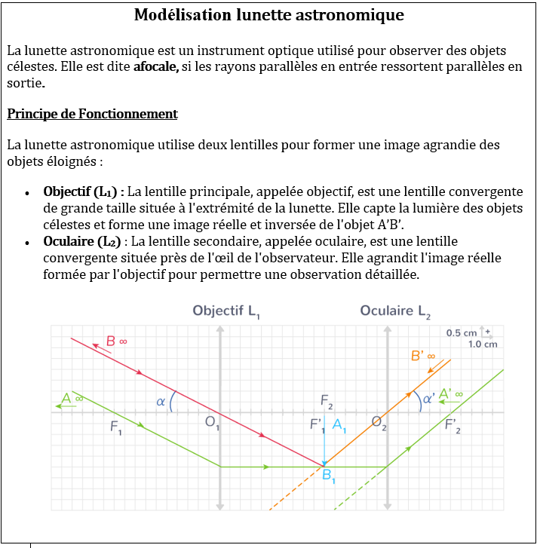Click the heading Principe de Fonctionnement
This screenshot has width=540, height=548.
pyautogui.click(x=92, y=114)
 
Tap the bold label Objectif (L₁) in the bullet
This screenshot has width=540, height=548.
pyautogui.click(x=83, y=191)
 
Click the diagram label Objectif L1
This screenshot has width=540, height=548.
pyautogui.click(x=226, y=311)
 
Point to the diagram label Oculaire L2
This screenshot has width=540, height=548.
pyautogui.click(x=394, y=311)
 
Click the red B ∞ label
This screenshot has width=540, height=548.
pyautogui.click(x=115, y=341)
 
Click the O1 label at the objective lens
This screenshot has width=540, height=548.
pyautogui.click(x=213, y=423)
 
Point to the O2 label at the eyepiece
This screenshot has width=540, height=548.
pyautogui.click(x=379, y=422)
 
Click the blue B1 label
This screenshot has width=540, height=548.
pyautogui.click(x=330, y=476)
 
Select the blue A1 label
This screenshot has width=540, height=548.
pyautogui.click(x=339, y=424)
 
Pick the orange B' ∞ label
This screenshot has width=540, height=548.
pyautogui.click(x=422, y=354)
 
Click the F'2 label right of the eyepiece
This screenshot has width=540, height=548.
pyautogui.click(x=453, y=427)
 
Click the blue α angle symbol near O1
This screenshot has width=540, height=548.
pyautogui.click(x=161, y=402)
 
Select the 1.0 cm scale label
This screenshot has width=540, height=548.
pyautogui.click(x=483, y=344)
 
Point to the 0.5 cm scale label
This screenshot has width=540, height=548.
pyautogui.click(x=462, y=332)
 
